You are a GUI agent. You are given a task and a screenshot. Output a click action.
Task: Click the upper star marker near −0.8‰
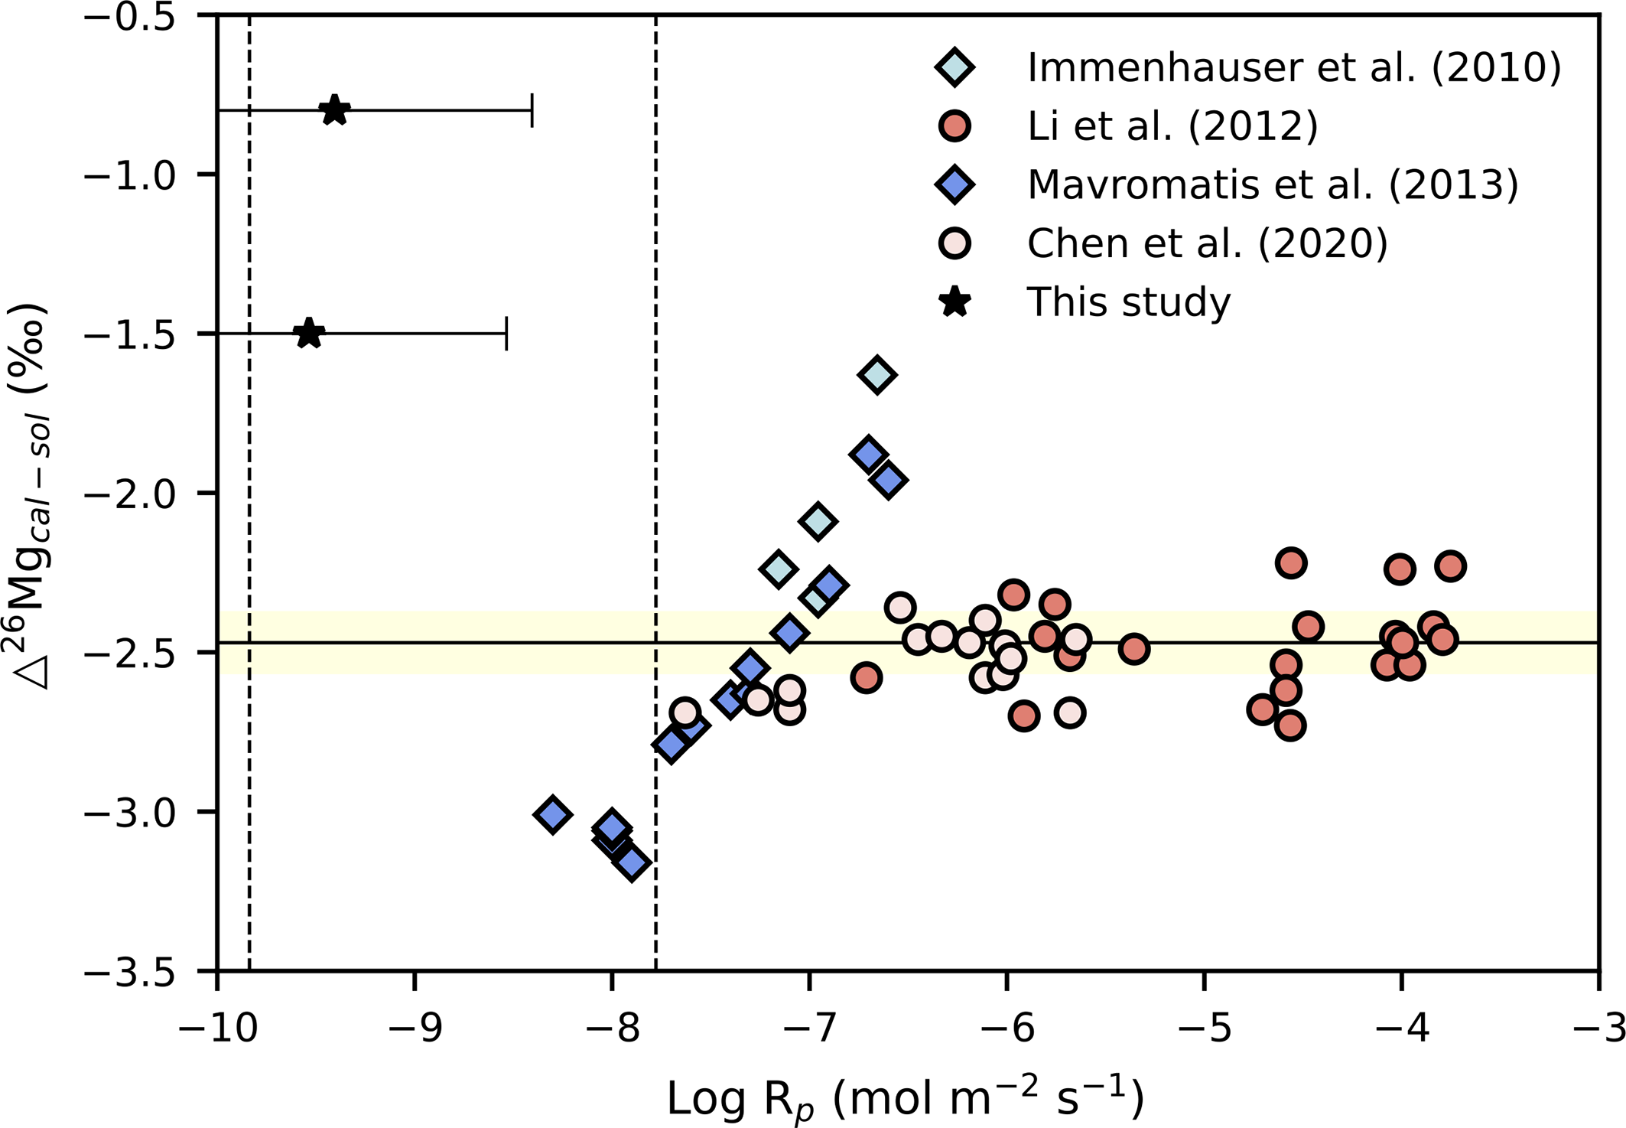335,110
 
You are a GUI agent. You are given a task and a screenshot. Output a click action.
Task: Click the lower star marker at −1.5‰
309,334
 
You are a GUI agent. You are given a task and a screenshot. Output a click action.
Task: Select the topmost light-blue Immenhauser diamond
877,375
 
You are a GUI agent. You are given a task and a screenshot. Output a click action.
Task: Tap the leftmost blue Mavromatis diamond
553,814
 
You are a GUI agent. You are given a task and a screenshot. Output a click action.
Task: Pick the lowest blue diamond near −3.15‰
632,864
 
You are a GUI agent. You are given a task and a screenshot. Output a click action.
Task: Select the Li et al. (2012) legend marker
954,126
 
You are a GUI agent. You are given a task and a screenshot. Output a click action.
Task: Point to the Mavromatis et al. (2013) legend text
1273,184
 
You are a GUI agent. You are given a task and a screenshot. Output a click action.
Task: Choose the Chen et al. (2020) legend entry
1207,243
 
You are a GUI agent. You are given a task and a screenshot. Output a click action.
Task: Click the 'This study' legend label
1129,302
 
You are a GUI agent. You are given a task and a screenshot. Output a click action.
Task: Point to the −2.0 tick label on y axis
130,493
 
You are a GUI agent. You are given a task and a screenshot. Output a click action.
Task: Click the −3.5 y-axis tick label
130,971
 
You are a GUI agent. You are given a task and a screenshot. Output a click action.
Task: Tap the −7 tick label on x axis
809,1029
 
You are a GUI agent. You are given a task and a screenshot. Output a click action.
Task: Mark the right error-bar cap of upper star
532,110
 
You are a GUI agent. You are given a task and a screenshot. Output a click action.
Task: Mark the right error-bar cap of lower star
506,334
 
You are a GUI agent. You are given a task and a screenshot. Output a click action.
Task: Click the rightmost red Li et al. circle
1451,566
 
